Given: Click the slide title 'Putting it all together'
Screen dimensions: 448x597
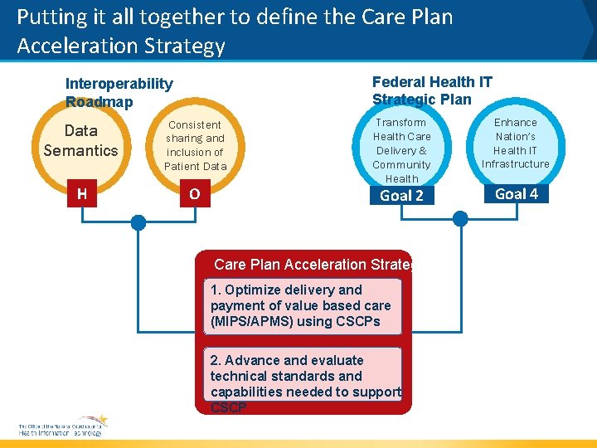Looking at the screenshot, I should pos(235,30).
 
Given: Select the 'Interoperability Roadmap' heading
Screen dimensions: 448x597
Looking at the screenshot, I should pos(119,92).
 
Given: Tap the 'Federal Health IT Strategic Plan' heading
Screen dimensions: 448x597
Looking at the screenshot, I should pos(432,90).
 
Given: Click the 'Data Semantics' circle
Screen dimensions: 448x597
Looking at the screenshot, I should pos(81,140).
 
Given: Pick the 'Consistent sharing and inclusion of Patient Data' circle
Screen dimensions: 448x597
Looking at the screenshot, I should pos(194,145).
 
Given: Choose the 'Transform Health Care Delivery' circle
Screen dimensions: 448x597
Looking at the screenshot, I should pos(401,150).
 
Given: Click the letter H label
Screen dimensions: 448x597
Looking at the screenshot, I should pos(81,194).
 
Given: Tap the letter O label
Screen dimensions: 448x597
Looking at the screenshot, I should pos(194,194).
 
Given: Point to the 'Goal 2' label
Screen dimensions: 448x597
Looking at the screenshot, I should pos(401,196).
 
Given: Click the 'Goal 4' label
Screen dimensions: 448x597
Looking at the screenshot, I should pos(516,194).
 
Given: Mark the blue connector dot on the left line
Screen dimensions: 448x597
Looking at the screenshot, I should pos(138,222).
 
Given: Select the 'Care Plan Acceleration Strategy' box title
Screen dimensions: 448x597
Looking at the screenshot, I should pos(312,265).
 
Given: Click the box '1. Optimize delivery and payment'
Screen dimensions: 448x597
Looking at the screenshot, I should pos(303,306).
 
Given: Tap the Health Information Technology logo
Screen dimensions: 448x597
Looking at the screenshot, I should pos(62,426).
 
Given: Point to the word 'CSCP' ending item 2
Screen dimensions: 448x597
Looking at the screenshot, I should pos(229,407).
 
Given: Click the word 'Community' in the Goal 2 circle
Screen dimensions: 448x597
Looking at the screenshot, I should pos(401,164).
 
